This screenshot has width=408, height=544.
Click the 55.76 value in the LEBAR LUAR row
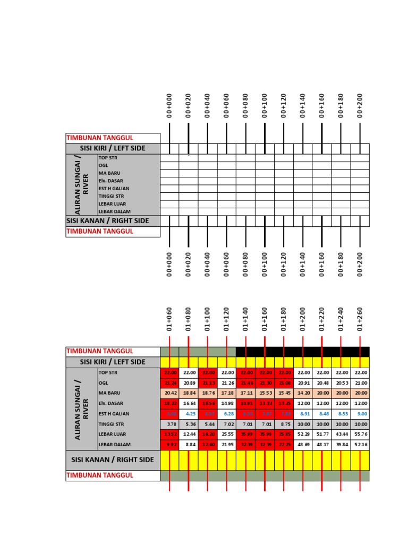point(360,434)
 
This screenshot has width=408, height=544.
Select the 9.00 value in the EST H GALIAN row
point(360,413)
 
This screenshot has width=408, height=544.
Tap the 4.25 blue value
point(189,413)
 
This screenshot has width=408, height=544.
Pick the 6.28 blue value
point(227,413)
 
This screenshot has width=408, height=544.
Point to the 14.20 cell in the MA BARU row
point(303,393)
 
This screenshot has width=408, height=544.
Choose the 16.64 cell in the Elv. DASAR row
point(189,403)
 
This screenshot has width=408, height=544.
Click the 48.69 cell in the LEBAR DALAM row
point(303,445)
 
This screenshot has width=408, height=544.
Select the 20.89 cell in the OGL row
point(189,383)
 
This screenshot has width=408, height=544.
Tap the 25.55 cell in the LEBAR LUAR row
point(227,434)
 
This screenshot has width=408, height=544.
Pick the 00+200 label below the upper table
point(360,264)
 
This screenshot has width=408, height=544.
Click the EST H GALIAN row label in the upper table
point(114,189)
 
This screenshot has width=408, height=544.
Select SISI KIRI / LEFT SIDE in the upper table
point(113,148)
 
